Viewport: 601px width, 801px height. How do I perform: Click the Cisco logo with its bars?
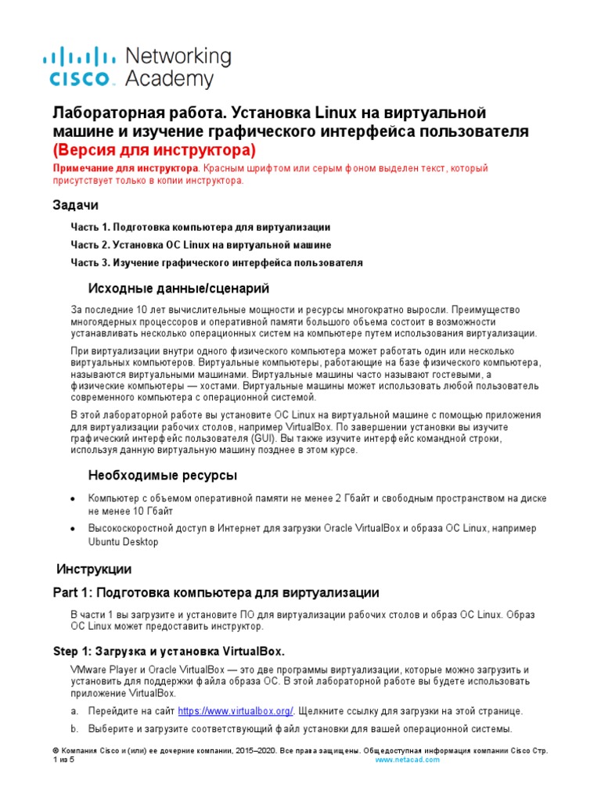click(77, 66)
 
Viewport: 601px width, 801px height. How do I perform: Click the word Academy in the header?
click(169, 79)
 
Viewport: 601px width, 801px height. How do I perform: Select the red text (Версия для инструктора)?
click(153, 149)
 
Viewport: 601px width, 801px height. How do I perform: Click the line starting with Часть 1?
click(200, 226)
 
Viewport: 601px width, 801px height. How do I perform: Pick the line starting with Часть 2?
click(201, 245)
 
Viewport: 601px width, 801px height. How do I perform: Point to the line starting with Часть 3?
click(217, 263)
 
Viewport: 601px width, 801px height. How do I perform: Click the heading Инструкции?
click(94, 569)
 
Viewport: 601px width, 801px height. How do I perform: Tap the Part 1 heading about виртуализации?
click(215, 593)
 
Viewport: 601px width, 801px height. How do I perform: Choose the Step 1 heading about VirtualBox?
click(168, 651)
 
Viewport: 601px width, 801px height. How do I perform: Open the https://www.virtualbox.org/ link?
click(236, 711)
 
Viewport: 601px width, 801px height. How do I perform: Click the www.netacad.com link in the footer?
click(408, 760)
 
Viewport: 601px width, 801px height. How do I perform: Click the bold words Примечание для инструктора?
click(124, 168)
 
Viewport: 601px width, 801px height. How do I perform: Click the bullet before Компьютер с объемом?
click(73, 499)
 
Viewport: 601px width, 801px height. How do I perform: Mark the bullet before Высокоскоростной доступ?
click(73, 529)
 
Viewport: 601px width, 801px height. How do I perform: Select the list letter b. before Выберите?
click(75, 729)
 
